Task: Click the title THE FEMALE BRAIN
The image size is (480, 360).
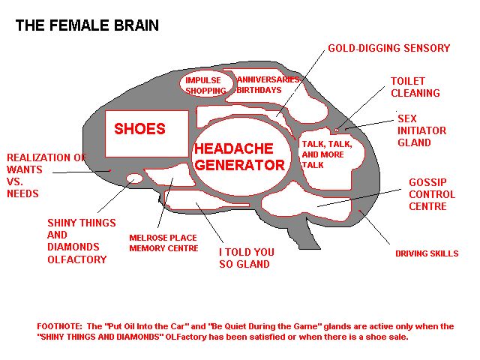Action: [x=87, y=25]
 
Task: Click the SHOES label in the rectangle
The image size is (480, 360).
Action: [x=139, y=128]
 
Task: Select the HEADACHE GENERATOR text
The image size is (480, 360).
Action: [x=240, y=157]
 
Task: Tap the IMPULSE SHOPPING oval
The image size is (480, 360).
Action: [x=205, y=85]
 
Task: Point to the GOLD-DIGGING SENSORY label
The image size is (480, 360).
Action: [x=388, y=48]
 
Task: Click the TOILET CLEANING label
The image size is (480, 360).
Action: [x=415, y=87]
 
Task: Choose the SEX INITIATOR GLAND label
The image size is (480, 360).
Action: [x=421, y=130]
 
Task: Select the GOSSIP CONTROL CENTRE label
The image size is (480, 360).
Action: [x=432, y=194]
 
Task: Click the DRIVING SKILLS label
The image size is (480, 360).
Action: [x=427, y=253]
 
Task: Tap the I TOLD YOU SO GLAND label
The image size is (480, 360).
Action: [x=247, y=258]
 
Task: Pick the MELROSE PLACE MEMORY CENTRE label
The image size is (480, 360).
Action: [x=163, y=243]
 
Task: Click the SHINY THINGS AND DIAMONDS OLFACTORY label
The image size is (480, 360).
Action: [x=82, y=241]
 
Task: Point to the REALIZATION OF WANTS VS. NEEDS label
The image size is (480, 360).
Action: [x=46, y=175]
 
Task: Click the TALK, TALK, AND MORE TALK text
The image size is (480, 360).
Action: [x=327, y=154]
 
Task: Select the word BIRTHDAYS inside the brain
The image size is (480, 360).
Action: [x=259, y=90]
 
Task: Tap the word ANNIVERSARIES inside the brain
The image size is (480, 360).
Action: [x=268, y=79]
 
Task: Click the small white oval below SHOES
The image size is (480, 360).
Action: [x=135, y=178]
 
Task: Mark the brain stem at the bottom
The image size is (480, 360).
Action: [x=302, y=232]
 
